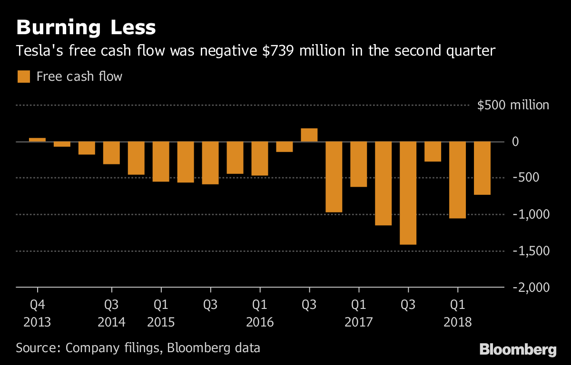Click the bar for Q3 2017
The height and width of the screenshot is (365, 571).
[x=408, y=193]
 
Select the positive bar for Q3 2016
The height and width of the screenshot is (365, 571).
[x=309, y=135]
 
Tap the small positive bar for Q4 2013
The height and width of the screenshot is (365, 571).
[x=37, y=140]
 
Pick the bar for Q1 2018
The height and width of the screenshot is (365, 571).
[x=457, y=180]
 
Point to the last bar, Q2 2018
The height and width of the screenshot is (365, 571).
[x=482, y=168]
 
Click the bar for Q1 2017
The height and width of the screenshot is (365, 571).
[x=358, y=164]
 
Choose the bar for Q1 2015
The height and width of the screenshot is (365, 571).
[x=161, y=162]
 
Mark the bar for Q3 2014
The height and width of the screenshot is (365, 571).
[x=111, y=153]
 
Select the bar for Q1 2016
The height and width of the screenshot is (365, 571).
[x=259, y=159]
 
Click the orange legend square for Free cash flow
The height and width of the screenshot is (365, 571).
[x=23, y=77]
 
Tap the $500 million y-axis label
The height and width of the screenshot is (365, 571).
[x=513, y=105]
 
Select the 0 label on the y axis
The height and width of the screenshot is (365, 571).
[x=541, y=142]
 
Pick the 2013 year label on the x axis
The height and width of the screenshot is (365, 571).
[x=37, y=322]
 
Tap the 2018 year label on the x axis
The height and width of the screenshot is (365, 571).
[x=457, y=322]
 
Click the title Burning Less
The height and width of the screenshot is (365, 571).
[x=86, y=28]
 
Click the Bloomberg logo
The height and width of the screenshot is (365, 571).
[x=518, y=350]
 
